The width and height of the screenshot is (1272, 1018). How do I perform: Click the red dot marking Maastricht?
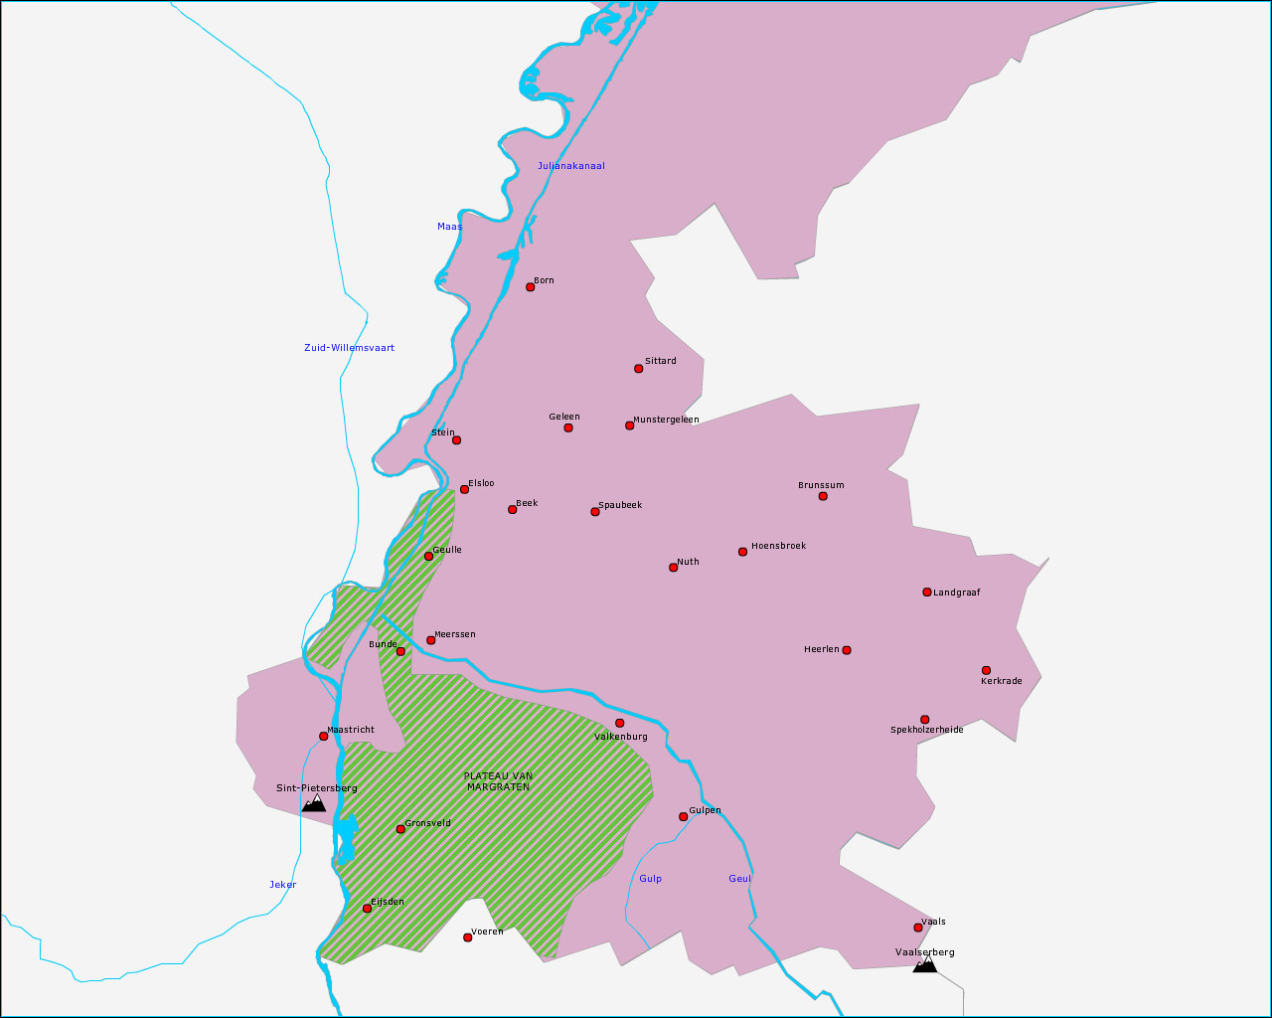(x=323, y=736)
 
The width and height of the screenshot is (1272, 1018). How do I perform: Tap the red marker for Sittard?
(x=638, y=369)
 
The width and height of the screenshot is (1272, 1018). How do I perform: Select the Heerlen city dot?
(x=846, y=650)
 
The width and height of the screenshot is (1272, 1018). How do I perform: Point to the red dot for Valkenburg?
(x=619, y=723)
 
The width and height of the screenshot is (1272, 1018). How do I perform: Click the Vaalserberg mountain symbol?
(x=924, y=963)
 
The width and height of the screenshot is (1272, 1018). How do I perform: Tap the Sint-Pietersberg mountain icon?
(x=314, y=802)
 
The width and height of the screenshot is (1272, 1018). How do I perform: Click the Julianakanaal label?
(x=570, y=166)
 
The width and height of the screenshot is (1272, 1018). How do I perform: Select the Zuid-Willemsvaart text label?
(x=349, y=348)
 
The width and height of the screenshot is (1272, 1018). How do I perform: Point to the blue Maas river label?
(x=449, y=227)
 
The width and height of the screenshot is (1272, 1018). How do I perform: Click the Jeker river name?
(x=282, y=885)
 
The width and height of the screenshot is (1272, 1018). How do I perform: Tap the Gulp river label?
(x=650, y=879)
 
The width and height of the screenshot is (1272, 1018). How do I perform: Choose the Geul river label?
(x=739, y=879)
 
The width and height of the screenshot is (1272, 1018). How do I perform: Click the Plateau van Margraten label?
(x=498, y=781)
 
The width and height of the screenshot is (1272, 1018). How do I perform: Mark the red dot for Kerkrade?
(x=986, y=670)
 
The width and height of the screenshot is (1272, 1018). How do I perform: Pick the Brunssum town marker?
(x=823, y=496)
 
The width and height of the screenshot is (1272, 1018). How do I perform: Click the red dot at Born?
(x=530, y=287)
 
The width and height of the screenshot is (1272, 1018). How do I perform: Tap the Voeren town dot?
(x=467, y=937)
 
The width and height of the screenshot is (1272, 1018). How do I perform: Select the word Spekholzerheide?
(x=926, y=730)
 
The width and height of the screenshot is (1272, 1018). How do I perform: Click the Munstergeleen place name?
(x=666, y=420)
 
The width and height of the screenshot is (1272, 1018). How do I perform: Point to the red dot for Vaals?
(x=918, y=928)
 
